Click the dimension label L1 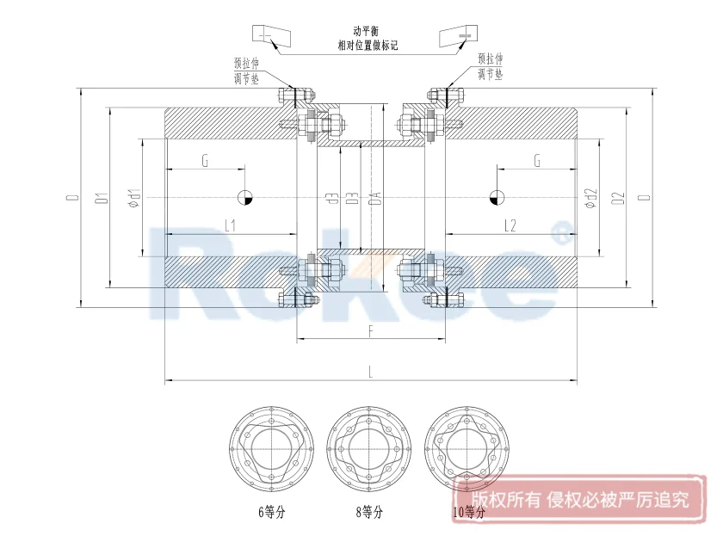tap(231, 225)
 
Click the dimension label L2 tap(510, 225)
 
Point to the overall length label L tap(370, 372)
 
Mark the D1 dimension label tap(102, 199)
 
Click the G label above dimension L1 tap(205, 161)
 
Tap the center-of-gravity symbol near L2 tap(495, 198)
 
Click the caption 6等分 tap(271, 512)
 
